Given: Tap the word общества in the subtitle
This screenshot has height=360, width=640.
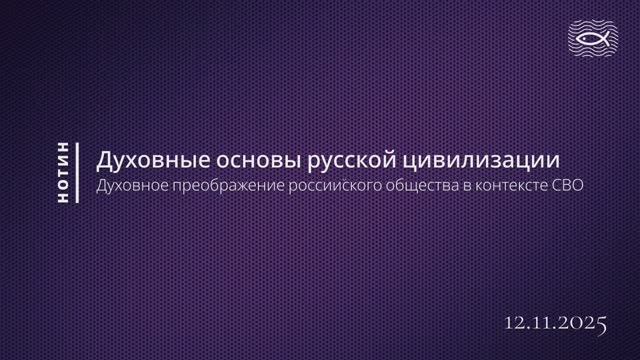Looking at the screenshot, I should click(415, 187).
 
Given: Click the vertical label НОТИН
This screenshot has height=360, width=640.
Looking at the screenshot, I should click(64, 172).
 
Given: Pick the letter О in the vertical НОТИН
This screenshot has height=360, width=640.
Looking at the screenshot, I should click(64, 185).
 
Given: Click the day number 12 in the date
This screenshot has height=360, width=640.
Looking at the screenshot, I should click(517, 322).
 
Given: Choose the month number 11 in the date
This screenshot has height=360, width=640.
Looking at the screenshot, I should click(544, 322).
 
